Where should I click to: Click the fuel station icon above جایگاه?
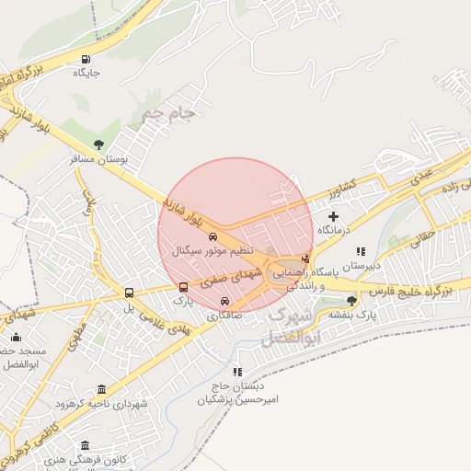tap(86, 57)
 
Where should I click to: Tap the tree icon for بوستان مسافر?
tap(98, 144)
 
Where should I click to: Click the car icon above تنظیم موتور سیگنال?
tap(213, 237)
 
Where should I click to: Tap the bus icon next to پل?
tap(129, 293)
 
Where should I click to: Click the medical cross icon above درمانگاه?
tap(334, 215)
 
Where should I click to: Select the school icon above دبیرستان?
tap(361, 250)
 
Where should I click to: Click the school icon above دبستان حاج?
tap(238, 373)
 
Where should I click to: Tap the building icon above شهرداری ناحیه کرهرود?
tap(101, 390)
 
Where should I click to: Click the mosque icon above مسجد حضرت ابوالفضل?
tap(16, 338)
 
